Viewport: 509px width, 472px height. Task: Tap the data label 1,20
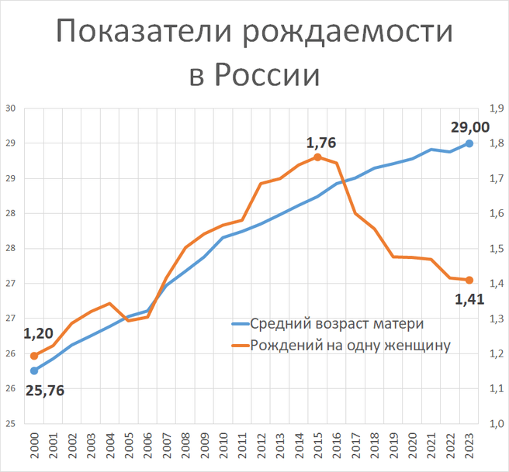[x=40, y=335]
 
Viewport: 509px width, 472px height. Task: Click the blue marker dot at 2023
[x=469, y=143]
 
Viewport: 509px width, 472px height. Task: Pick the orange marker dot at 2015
[x=317, y=157]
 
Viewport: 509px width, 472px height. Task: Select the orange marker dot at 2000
[x=34, y=356]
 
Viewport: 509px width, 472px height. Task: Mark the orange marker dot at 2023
[x=469, y=280]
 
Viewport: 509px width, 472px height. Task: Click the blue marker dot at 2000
[x=34, y=370]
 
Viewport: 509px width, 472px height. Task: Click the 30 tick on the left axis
[x=11, y=109]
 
